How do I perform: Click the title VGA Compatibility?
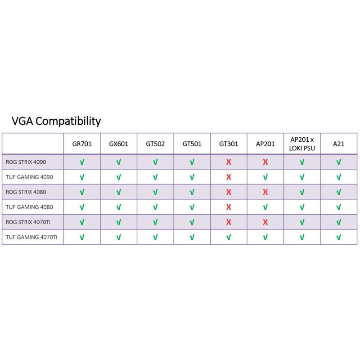coord(56,121)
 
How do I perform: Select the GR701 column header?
coord(82,144)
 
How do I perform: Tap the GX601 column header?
coord(118,144)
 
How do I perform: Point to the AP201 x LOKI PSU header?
coord(302,144)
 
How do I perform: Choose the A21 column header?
coord(339,144)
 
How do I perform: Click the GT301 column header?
coord(229,144)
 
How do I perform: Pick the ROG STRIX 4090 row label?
coord(26,162)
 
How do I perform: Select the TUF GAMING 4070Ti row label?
coord(31,237)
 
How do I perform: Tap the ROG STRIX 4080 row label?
coord(26,192)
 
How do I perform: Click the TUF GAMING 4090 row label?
coord(29,177)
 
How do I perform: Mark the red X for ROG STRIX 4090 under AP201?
coord(265,162)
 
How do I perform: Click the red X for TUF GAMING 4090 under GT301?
coord(229,177)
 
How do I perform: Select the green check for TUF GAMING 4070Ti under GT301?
coord(229,237)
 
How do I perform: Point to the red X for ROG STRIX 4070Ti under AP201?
coord(265,222)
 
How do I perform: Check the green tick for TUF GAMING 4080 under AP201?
coord(265,207)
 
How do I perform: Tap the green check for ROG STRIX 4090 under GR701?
coord(82,162)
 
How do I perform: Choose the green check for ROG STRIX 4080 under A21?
coord(339,192)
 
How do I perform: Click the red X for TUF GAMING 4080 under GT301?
coord(229,207)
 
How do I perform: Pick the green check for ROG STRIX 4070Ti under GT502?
coord(155,222)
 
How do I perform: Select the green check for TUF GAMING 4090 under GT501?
coord(192,177)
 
